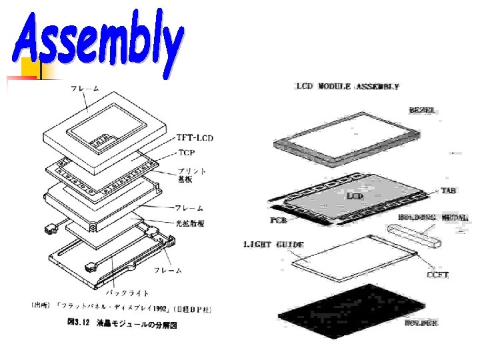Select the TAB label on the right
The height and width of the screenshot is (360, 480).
click(x=449, y=190)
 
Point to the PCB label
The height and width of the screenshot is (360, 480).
click(x=279, y=219)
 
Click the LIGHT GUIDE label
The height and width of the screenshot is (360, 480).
click(x=273, y=245)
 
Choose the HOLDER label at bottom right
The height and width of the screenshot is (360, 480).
click(x=421, y=323)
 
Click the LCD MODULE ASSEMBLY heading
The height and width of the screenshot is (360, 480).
click(x=347, y=87)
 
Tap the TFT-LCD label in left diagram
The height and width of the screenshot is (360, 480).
click(x=195, y=138)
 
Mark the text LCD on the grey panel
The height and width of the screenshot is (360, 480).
click(x=354, y=196)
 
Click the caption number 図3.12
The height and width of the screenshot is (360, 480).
click(x=75, y=325)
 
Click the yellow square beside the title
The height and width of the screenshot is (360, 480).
click(x=30, y=69)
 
